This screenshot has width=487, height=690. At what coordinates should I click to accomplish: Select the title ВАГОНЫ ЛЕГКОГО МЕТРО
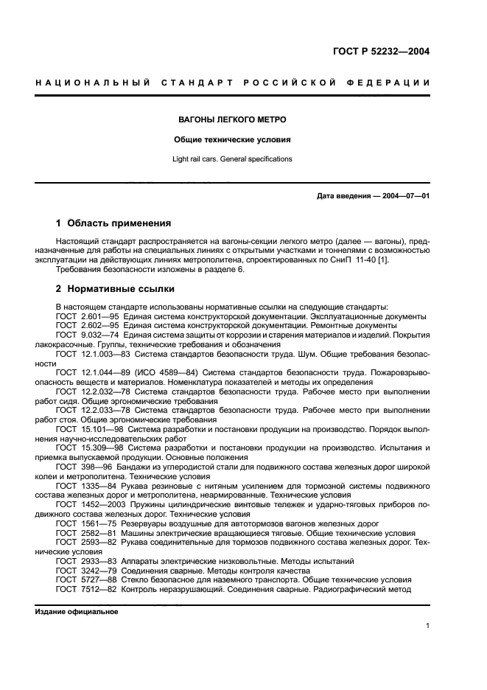point(233,119)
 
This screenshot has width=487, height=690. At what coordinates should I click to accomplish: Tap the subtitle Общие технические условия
point(233,139)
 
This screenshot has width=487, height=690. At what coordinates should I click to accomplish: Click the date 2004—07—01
point(404,195)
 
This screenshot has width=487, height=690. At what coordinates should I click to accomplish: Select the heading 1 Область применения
point(113,223)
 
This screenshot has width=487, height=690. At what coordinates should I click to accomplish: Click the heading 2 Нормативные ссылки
point(115,289)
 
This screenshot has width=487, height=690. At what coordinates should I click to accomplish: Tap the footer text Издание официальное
point(77,611)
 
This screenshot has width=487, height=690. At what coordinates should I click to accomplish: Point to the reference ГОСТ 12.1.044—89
point(96,373)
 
